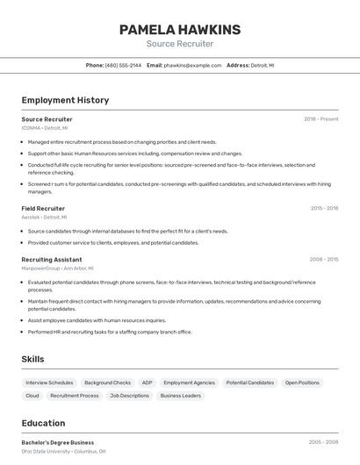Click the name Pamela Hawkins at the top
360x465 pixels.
click(x=180, y=30)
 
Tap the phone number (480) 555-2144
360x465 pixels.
click(x=123, y=65)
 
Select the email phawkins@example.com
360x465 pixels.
click(x=192, y=65)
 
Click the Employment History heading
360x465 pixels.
click(x=65, y=100)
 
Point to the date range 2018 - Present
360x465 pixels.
click(x=320, y=119)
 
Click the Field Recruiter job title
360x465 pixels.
click(x=43, y=209)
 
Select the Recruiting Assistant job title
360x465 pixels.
click(x=52, y=260)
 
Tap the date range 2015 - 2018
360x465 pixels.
click(x=324, y=209)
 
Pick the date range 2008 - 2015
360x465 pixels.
click(x=324, y=260)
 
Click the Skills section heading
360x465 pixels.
click(x=32, y=359)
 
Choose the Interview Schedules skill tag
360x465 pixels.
click(x=49, y=383)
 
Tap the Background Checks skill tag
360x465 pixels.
click(x=107, y=383)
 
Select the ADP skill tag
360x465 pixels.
click(x=147, y=383)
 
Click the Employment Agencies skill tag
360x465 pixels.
click(x=189, y=383)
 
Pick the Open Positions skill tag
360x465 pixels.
click(x=302, y=383)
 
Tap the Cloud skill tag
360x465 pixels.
click(x=32, y=396)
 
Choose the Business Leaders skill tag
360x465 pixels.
click(x=180, y=396)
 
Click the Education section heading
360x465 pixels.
click(x=43, y=423)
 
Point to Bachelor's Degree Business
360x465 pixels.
click(x=58, y=442)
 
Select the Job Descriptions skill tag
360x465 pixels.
click(x=129, y=396)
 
